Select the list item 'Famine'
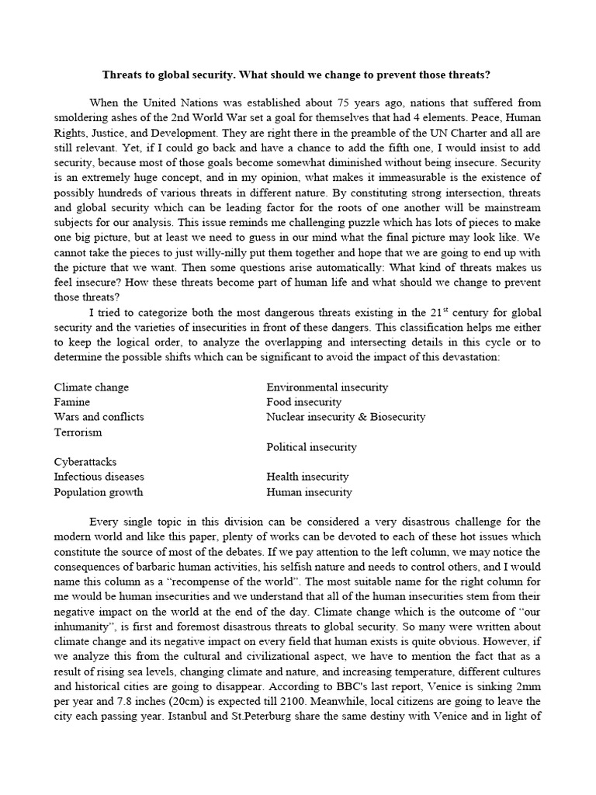(71, 402)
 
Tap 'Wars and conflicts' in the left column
(99, 417)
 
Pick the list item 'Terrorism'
(78, 432)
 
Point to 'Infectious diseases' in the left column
(99, 477)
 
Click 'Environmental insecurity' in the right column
(327, 387)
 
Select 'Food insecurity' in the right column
(303, 402)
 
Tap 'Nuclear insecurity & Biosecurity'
(345, 417)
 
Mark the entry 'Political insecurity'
(311, 447)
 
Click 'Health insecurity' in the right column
(307, 477)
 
